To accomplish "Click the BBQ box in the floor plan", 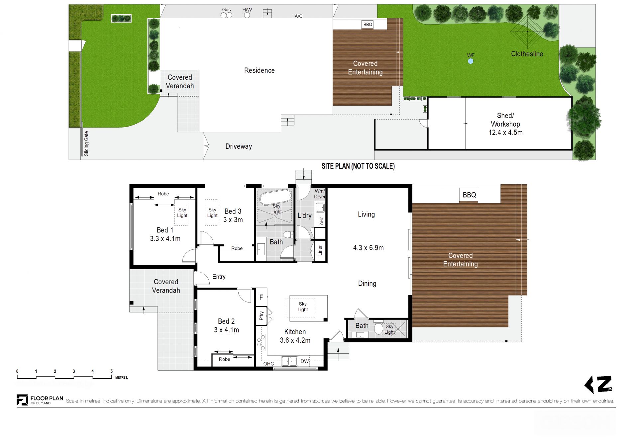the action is tap(469, 195).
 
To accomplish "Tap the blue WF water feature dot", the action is tap(471, 61).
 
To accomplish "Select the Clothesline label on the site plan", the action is tap(527, 54).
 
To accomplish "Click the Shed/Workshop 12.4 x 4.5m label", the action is tap(505, 124).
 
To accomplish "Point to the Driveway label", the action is tap(239, 146).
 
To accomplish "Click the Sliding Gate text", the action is tap(86, 143).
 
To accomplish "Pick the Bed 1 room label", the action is tap(165, 234).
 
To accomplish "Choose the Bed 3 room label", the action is tap(233, 216).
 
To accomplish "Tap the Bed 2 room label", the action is tap(226, 325).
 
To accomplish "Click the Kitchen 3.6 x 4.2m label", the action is tap(295, 336).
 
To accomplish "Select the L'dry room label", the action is tap(304, 216).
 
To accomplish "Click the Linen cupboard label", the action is tap(320, 250).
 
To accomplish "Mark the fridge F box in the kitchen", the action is tap(261, 297).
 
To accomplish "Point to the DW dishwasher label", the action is tap(305, 361).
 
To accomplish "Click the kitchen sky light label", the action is tap(303, 306).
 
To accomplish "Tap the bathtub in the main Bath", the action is tap(275, 197).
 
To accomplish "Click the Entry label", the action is tap(219, 277).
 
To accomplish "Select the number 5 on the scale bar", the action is tap(112, 371).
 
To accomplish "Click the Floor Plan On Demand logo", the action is tap(40, 400).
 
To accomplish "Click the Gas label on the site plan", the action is tap(226, 10).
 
